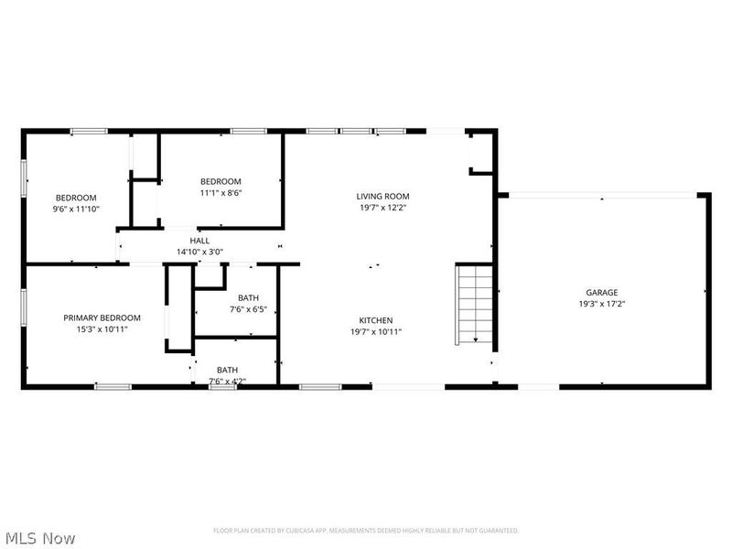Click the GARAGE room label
[x=601, y=293]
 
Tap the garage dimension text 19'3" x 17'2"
[x=601, y=304]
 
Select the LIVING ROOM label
[x=382, y=196]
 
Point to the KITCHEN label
[x=375, y=320]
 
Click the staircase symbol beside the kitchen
[x=475, y=304]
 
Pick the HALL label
[x=199, y=241]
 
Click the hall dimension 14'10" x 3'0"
[x=199, y=252]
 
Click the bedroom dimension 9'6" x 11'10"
[x=76, y=209]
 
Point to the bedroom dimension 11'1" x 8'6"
[x=221, y=192]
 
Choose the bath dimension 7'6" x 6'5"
[x=248, y=309]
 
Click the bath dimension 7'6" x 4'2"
[x=227, y=381]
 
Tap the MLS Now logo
[x=40, y=538]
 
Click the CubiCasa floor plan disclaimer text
[x=366, y=531]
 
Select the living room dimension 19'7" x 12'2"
[x=382, y=207]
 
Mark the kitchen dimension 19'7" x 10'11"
[x=375, y=331]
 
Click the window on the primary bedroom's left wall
[x=24, y=309]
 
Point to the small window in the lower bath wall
[x=221, y=387]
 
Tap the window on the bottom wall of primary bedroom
[x=113, y=387]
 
